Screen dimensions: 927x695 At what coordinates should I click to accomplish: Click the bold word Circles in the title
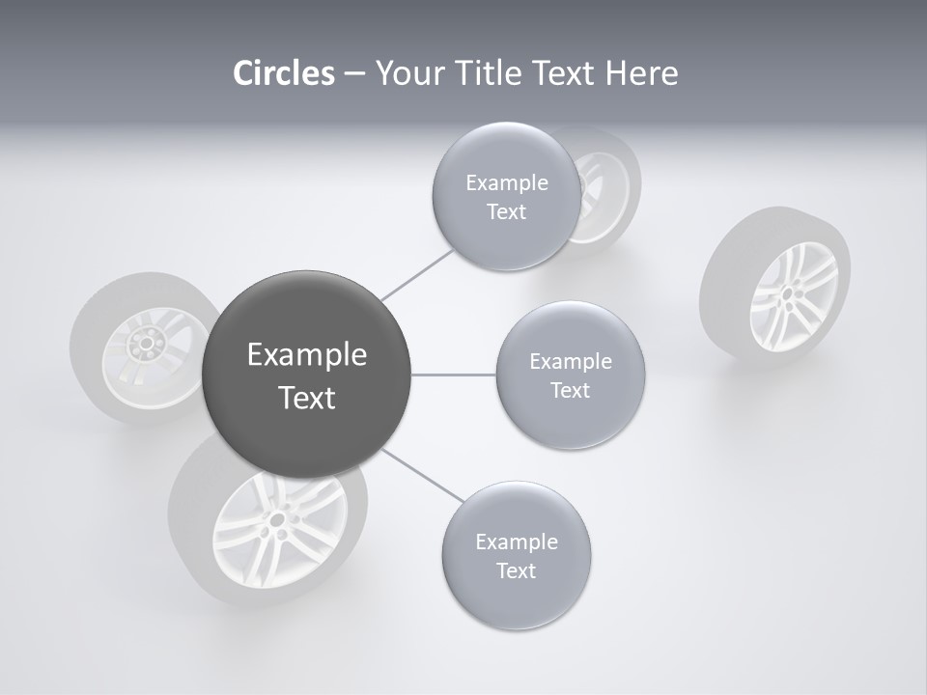283,73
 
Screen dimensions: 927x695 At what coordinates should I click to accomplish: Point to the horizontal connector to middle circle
454,375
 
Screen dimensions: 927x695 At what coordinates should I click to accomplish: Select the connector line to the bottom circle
422,477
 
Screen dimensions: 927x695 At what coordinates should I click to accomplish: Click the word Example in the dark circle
306,355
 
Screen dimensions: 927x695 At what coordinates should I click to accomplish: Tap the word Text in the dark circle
306,398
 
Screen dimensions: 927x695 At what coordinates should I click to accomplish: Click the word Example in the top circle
506,183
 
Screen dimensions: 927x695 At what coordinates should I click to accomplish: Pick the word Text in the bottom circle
516,570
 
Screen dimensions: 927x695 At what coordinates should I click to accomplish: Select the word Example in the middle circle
570,362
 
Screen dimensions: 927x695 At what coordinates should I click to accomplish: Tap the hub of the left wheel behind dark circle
147,342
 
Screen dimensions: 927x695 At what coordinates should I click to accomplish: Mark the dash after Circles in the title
353,74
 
